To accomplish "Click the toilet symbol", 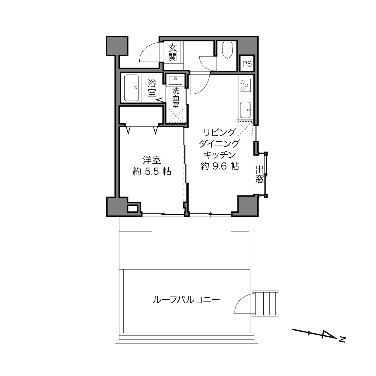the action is tap(227, 50).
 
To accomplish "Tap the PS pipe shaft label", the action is tap(247, 64).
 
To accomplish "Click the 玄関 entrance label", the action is tap(172, 53).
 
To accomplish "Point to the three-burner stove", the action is tap(244, 85).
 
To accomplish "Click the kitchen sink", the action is tap(245, 110).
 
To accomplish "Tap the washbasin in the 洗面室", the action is tap(175, 80).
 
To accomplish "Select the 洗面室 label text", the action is tap(176, 98).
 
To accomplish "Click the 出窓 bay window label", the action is tap(259, 174).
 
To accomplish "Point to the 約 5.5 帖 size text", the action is tap(152, 171).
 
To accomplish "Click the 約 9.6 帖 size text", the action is tap(220, 166).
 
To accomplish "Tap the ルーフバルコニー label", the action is tap(186, 299).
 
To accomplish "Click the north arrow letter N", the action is tap(342, 340).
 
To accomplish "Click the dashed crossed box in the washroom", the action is tap(176, 116).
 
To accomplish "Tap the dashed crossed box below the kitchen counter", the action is tap(245, 129).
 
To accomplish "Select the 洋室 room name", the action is tap(152, 160).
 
